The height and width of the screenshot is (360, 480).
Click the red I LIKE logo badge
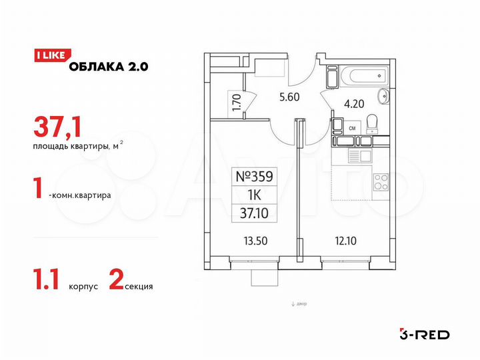(x=49, y=56)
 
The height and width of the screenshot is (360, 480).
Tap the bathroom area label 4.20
(x=353, y=104)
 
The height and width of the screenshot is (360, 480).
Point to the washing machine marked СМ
(x=353, y=125)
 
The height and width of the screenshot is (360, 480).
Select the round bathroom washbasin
(x=383, y=97)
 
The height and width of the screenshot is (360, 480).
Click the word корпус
(x=83, y=286)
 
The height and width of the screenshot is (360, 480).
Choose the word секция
(x=138, y=286)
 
